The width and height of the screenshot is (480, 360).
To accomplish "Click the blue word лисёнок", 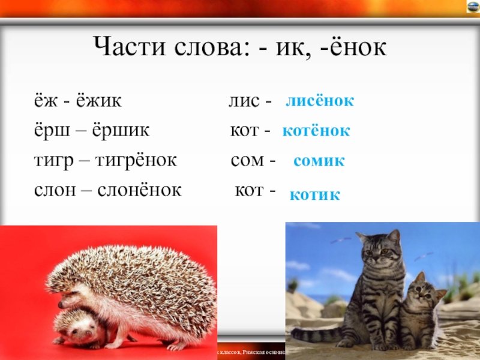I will coord(320,101).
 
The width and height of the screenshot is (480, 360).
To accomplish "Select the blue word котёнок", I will coord(316,130).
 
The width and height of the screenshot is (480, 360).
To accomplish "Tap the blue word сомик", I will coord(319,161).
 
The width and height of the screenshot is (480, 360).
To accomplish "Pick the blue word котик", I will coord(314,194).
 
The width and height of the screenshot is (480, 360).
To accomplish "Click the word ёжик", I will coord(98,101).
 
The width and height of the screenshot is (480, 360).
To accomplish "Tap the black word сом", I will coord(245,161).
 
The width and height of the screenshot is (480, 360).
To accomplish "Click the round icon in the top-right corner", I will coord(472,7).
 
